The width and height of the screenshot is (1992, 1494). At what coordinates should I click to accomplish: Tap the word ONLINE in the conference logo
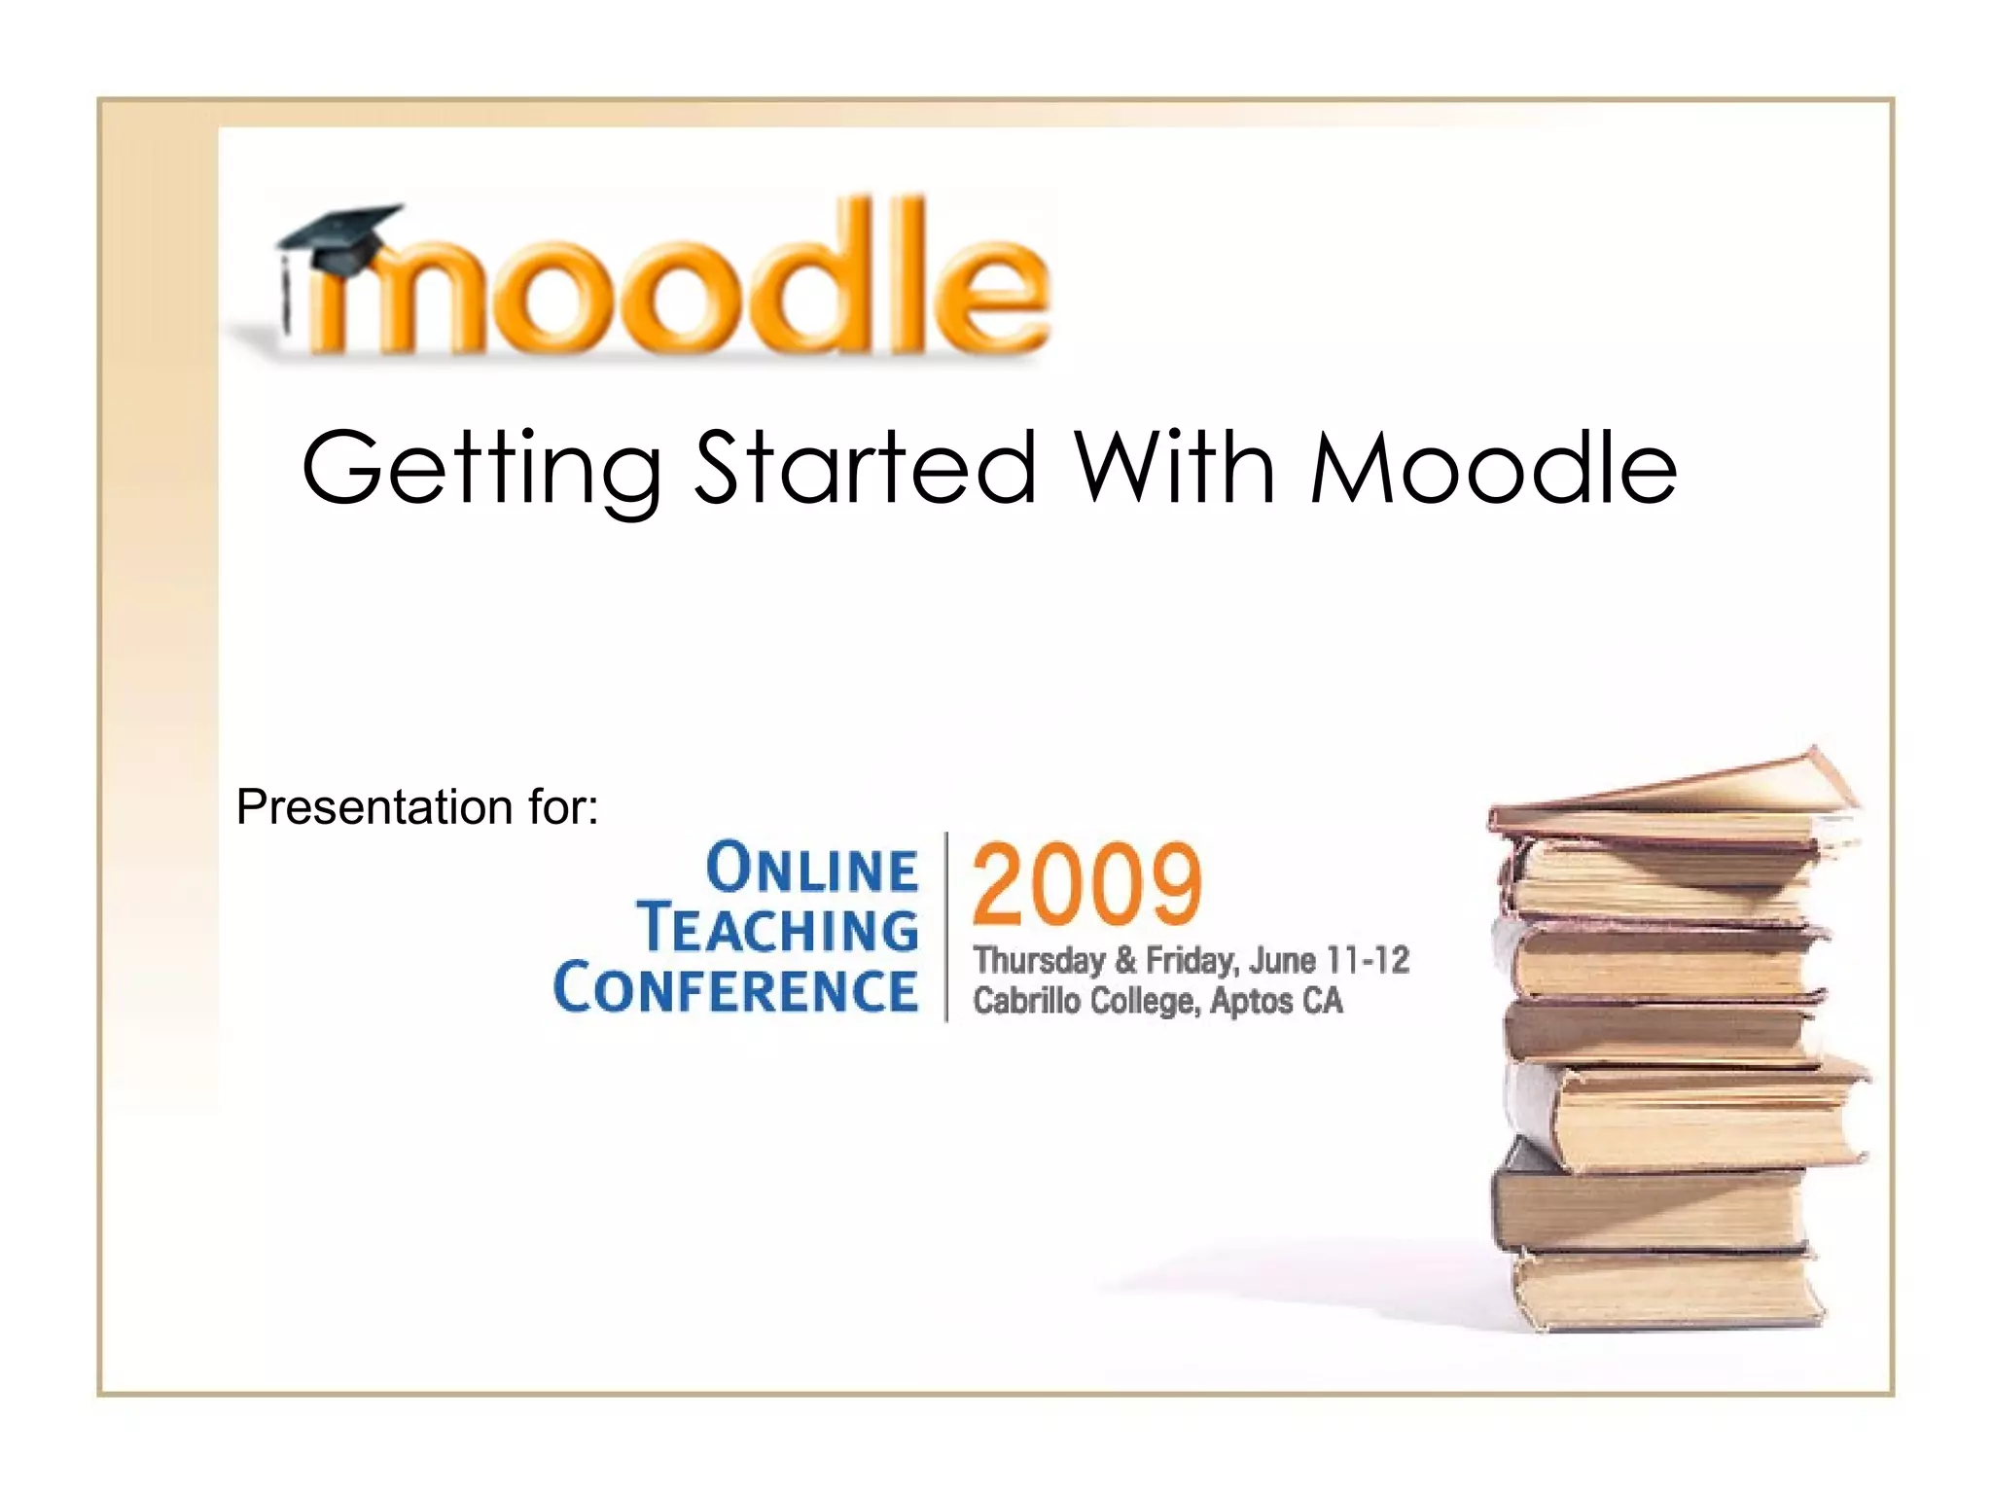tap(811, 869)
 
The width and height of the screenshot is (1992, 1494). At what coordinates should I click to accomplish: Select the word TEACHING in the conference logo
tap(778, 928)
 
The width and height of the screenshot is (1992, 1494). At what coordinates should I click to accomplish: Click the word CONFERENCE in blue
tap(735, 988)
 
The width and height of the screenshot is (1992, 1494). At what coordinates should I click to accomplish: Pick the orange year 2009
tap(1087, 884)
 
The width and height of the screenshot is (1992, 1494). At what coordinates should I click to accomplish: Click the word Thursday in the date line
tap(1039, 961)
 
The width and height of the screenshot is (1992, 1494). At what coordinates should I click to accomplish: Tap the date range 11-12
tap(1369, 961)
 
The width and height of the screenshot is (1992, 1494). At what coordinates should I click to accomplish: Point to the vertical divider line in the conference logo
tap(946, 926)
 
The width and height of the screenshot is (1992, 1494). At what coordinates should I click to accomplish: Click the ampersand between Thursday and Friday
tap(1125, 961)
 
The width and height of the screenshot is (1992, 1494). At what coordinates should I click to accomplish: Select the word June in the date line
tap(1282, 961)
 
